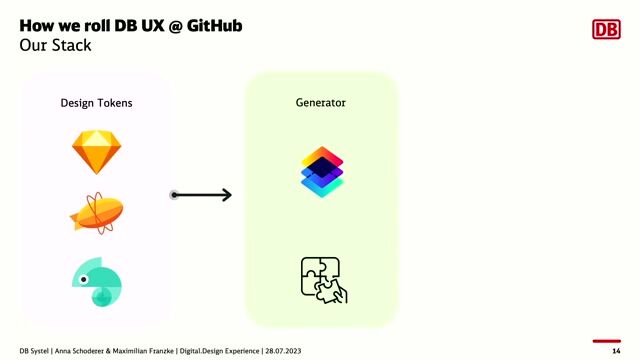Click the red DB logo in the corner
point(607,31)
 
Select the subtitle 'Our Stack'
point(55,46)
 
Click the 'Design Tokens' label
point(96,103)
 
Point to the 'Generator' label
point(321,103)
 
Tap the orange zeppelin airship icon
point(97,213)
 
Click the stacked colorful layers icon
point(322,172)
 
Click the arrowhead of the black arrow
point(226,195)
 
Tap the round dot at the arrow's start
point(174,195)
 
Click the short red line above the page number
point(607,341)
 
